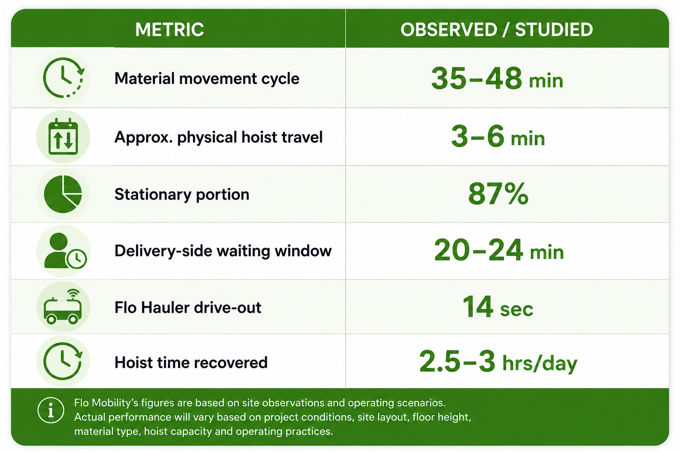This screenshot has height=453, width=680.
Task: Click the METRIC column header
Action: click(x=170, y=30)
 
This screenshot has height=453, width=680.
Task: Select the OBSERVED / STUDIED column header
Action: click(x=497, y=30)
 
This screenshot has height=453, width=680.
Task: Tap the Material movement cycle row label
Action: click(x=207, y=79)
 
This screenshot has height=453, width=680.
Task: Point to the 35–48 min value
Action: click(x=497, y=79)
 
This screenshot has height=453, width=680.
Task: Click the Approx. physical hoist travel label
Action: click(x=218, y=137)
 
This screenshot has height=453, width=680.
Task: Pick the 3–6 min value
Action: click(x=498, y=137)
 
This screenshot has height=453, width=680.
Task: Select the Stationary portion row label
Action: click(x=182, y=194)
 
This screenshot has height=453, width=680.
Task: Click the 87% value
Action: click(x=498, y=194)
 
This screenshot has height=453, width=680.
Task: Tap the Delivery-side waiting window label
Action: click(x=223, y=251)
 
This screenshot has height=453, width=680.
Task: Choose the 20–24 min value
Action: click(x=499, y=250)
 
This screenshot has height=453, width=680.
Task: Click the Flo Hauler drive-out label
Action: click(x=188, y=307)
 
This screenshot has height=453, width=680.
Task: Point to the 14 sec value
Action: click(x=498, y=307)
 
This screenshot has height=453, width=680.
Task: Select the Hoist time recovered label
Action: click(x=191, y=363)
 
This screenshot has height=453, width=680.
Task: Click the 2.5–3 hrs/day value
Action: click(x=498, y=362)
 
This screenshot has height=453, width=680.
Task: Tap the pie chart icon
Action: click(x=63, y=194)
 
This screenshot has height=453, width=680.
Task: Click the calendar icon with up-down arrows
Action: click(x=63, y=137)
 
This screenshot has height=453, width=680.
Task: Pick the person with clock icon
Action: click(x=65, y=251)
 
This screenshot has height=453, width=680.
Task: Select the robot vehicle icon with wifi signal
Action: click(x=63, y=307)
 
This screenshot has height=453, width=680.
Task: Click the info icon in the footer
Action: click(x=51, y=410)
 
